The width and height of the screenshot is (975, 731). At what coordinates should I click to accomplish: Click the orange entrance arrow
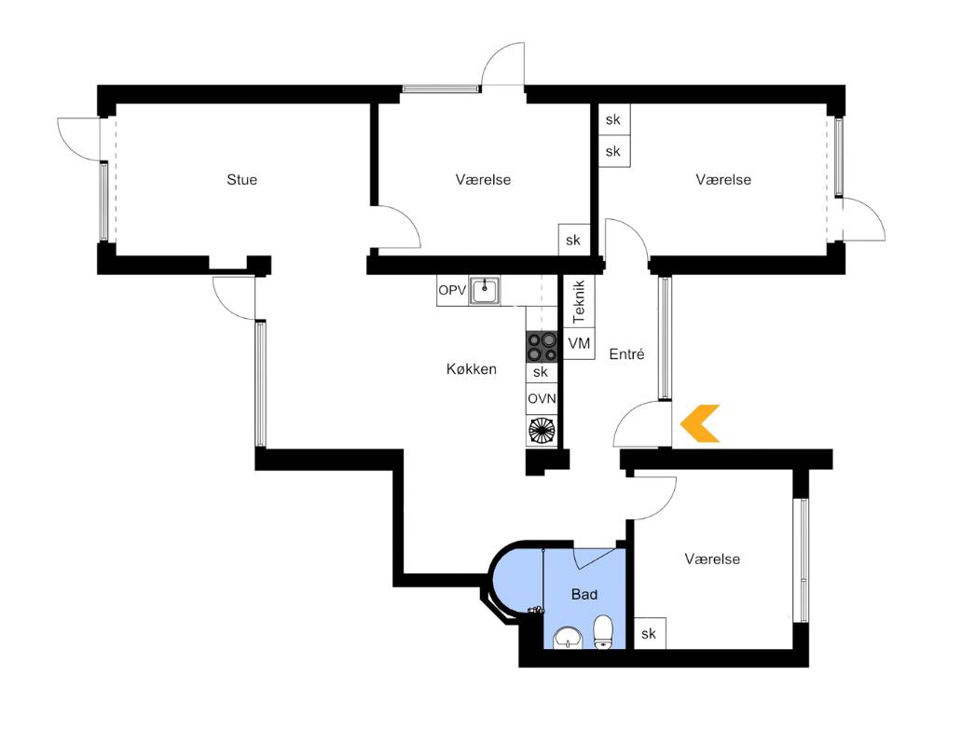[x=699, y=423]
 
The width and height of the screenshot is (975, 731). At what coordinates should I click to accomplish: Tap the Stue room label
[x=241, y=179]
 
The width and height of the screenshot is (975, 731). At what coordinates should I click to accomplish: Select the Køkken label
[x=471, y=369]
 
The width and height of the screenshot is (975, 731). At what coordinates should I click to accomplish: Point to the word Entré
[x=627, y=354]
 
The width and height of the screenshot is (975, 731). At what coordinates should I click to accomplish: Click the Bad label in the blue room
[x=584, y=594]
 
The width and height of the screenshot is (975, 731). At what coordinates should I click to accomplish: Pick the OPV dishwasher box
[x=451, y=292]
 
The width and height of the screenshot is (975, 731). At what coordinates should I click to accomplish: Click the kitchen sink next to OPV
[x=484, y=291]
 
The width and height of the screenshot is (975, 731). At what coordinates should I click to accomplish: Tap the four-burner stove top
[x=541, y=347]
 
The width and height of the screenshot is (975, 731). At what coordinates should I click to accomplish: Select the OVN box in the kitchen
[x=542, y=398]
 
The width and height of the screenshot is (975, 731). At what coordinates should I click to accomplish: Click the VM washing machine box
[x=579, y=344]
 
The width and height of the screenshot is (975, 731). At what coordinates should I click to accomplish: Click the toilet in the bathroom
[x=603, y=631]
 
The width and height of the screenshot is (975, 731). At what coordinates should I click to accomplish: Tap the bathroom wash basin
[x=568, y=639]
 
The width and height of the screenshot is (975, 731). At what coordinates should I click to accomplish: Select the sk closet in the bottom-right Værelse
[x=649, y=634]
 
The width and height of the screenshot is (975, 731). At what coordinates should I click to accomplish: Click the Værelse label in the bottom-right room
[x=712, y=559]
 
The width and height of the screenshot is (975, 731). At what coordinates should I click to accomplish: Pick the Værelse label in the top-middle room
[x=483, y=179]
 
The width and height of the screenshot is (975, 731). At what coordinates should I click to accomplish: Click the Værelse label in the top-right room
[x=723, y=179]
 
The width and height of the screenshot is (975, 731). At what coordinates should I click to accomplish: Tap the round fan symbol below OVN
[x=541, y=430]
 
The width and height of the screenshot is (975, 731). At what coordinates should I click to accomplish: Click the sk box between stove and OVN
[x=541, y=372]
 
